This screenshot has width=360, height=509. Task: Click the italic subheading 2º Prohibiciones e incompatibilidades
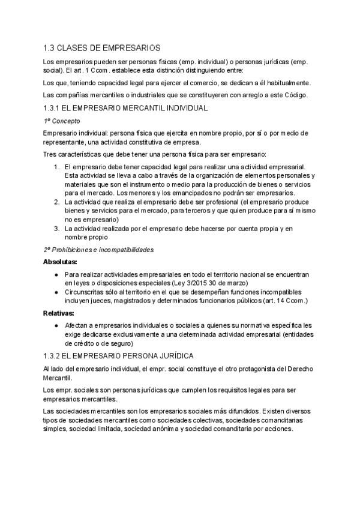coord(98,249)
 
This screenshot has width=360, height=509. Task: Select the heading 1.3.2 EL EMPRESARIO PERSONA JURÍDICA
coord(123,356)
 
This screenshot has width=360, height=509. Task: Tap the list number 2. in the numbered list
coord(56,202)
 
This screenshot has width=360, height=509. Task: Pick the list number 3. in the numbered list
coord(56,229)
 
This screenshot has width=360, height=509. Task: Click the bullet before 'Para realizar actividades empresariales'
coord(56,274)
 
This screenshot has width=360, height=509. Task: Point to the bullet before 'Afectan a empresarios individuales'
coord(56,325)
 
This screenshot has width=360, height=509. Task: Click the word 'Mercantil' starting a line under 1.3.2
coord(58,378)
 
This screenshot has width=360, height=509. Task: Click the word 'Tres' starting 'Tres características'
coord(50,154)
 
